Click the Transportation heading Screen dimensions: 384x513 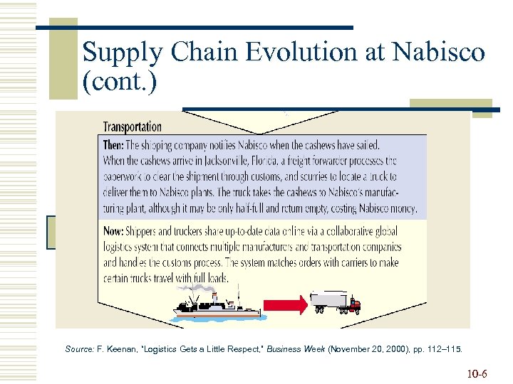click(133, 127)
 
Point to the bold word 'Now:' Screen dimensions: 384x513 click(114, 232)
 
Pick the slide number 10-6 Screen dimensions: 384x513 click(477, 373)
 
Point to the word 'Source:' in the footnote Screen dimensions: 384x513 click(81, 349)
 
